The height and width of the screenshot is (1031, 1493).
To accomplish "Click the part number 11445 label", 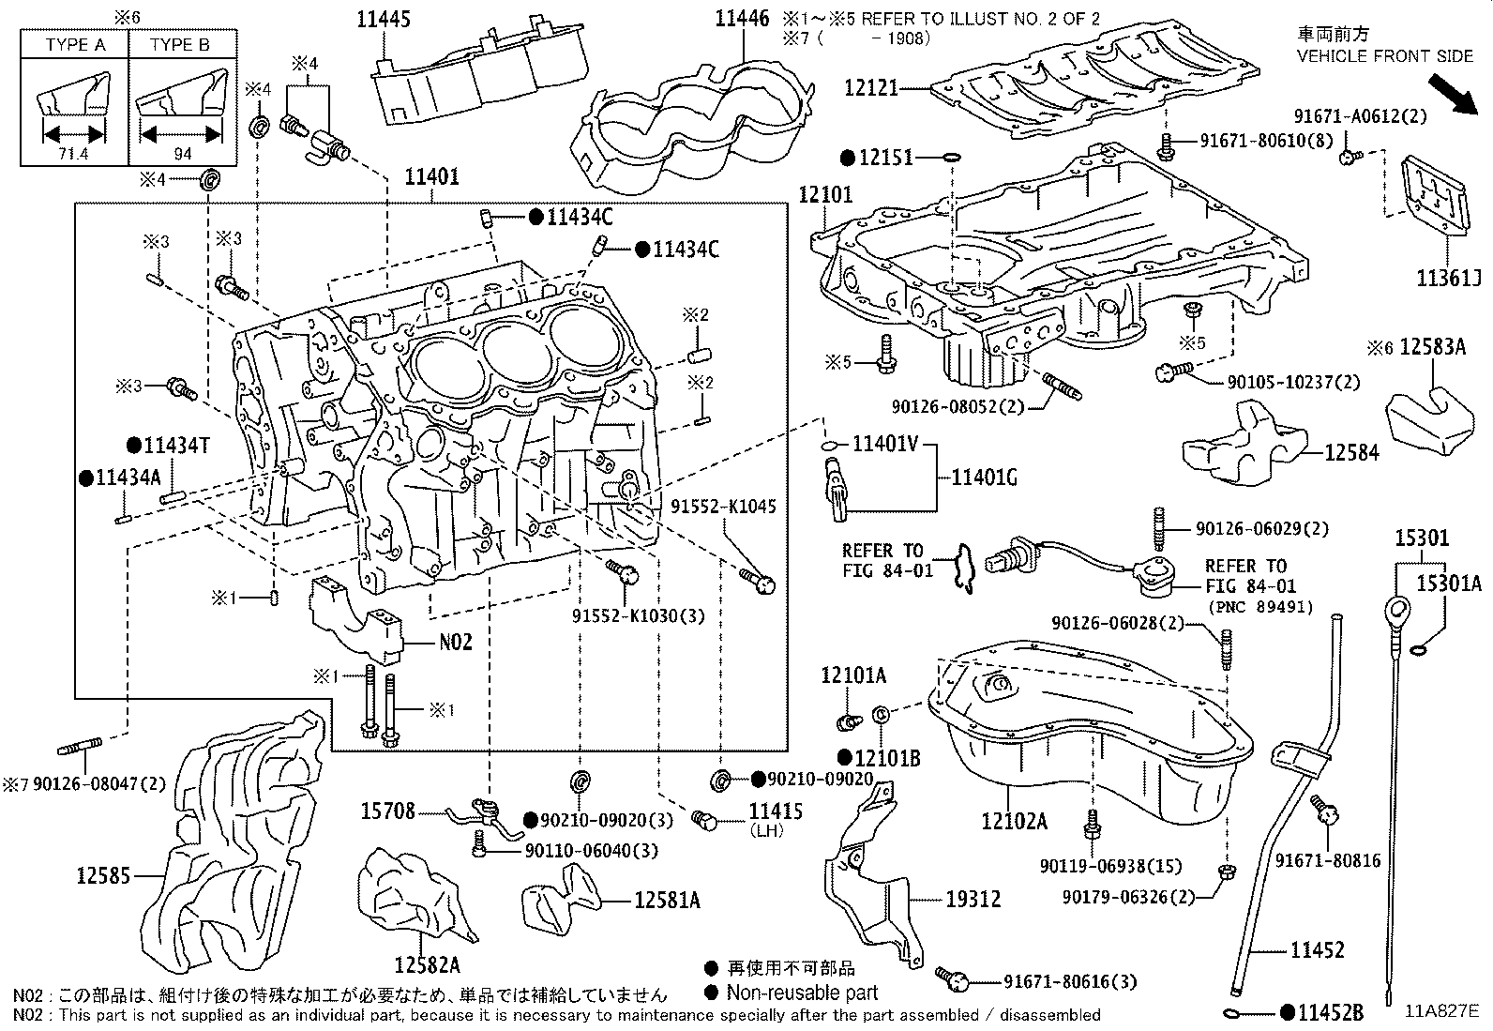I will [x=385, y=19].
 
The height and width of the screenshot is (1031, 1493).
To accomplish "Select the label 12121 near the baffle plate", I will [x=871, y=87].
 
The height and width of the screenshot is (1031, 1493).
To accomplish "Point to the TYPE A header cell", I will [x=74, y=44].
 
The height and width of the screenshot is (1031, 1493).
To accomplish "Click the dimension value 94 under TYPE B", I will [x=184, y=154].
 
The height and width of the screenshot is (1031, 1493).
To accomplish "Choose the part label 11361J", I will [x=1448, y=278].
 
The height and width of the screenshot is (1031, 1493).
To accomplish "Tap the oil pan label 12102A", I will [x=1014, y=822].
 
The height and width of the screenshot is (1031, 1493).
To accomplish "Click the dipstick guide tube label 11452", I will [x=1317, y=949].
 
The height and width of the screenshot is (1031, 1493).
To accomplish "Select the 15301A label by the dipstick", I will [x=1448, y=584].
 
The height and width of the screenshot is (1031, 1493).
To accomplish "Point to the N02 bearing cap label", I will [x=456, y=644].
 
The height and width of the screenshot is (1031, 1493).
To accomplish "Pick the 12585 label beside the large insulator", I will [x=103, y=876].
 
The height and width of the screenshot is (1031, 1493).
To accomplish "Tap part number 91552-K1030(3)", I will [x=639, y=615].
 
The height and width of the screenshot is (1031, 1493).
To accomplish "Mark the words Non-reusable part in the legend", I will [x=803, y=993].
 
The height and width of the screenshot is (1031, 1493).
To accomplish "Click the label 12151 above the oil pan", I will [x=885, y=158].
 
